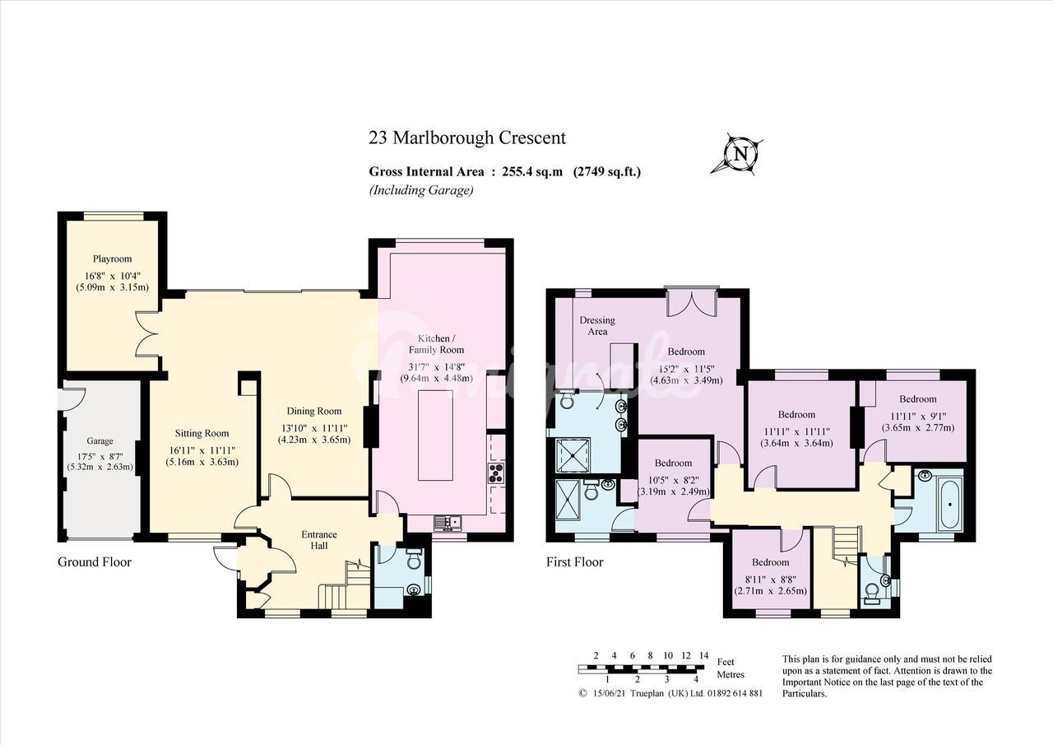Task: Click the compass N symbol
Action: click(x=737, y=154)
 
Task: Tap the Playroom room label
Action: click(x=112, y=258)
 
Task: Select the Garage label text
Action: click(x=100, y=441)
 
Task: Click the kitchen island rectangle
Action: click(x=435, y=435)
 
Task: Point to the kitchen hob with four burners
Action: click(x=496, y=473)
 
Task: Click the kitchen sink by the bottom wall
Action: click(x=448, y=522)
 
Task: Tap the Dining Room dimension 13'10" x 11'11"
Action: click(x=314, y=428)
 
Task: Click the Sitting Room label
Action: click(x=202, y=433)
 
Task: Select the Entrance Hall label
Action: click(x=318, y=540)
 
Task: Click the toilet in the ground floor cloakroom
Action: click(x=414, y=560)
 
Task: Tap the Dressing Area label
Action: click(x=597, y=325)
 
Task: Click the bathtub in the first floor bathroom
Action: click(x=950, y=504)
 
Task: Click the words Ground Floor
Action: click(x=95, y=561)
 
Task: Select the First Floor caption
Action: click(x=574, y=561)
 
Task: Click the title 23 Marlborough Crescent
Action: click(x=466, y=137)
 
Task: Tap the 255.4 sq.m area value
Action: click(x=532, y=172)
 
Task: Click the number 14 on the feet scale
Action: click(x=703, y=655)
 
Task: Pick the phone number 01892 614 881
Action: click(x=735, y=693)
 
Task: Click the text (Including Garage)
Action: click(x=421, y=190)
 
